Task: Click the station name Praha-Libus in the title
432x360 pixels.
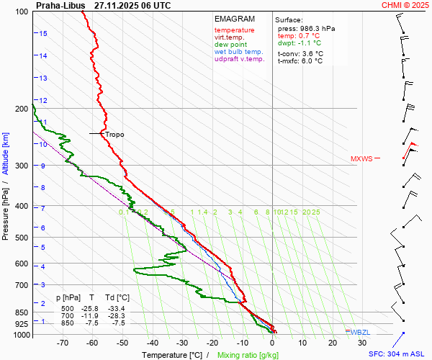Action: pos(60,5)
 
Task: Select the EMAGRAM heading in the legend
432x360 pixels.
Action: pos(235,19)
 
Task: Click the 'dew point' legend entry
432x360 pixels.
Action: pos(230,45)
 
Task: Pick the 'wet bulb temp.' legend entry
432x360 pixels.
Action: pos(239,52)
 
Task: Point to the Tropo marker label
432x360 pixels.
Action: pos(114,135)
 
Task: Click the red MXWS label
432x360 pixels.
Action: pos(361,159)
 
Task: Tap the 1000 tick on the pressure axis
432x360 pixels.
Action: pos(22,336)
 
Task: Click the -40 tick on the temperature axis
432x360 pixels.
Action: pos(153,343)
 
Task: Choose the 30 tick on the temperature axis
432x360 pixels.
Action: pos(362,343)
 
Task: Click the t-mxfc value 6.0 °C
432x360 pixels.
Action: pos(311,61)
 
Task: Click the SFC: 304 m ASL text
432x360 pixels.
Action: pos(399,354)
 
